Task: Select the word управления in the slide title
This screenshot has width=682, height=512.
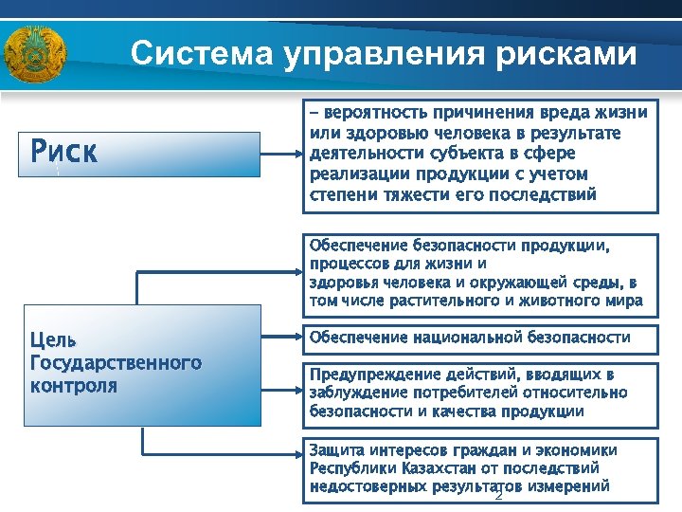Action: tap(383, 53)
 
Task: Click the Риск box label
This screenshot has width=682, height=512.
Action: tap(63, 152)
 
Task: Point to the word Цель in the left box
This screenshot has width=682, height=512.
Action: tap(54, 339)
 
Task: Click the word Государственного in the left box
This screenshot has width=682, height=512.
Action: tap(116, 362)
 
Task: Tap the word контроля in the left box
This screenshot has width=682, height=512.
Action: tap(75, 385)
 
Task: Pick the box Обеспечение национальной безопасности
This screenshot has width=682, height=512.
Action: tap(479, 338)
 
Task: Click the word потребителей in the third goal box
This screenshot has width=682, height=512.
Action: tap(467, 393)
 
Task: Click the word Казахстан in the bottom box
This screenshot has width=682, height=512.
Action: tap(440, 468)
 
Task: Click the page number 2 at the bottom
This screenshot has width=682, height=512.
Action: tap(497, 494)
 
